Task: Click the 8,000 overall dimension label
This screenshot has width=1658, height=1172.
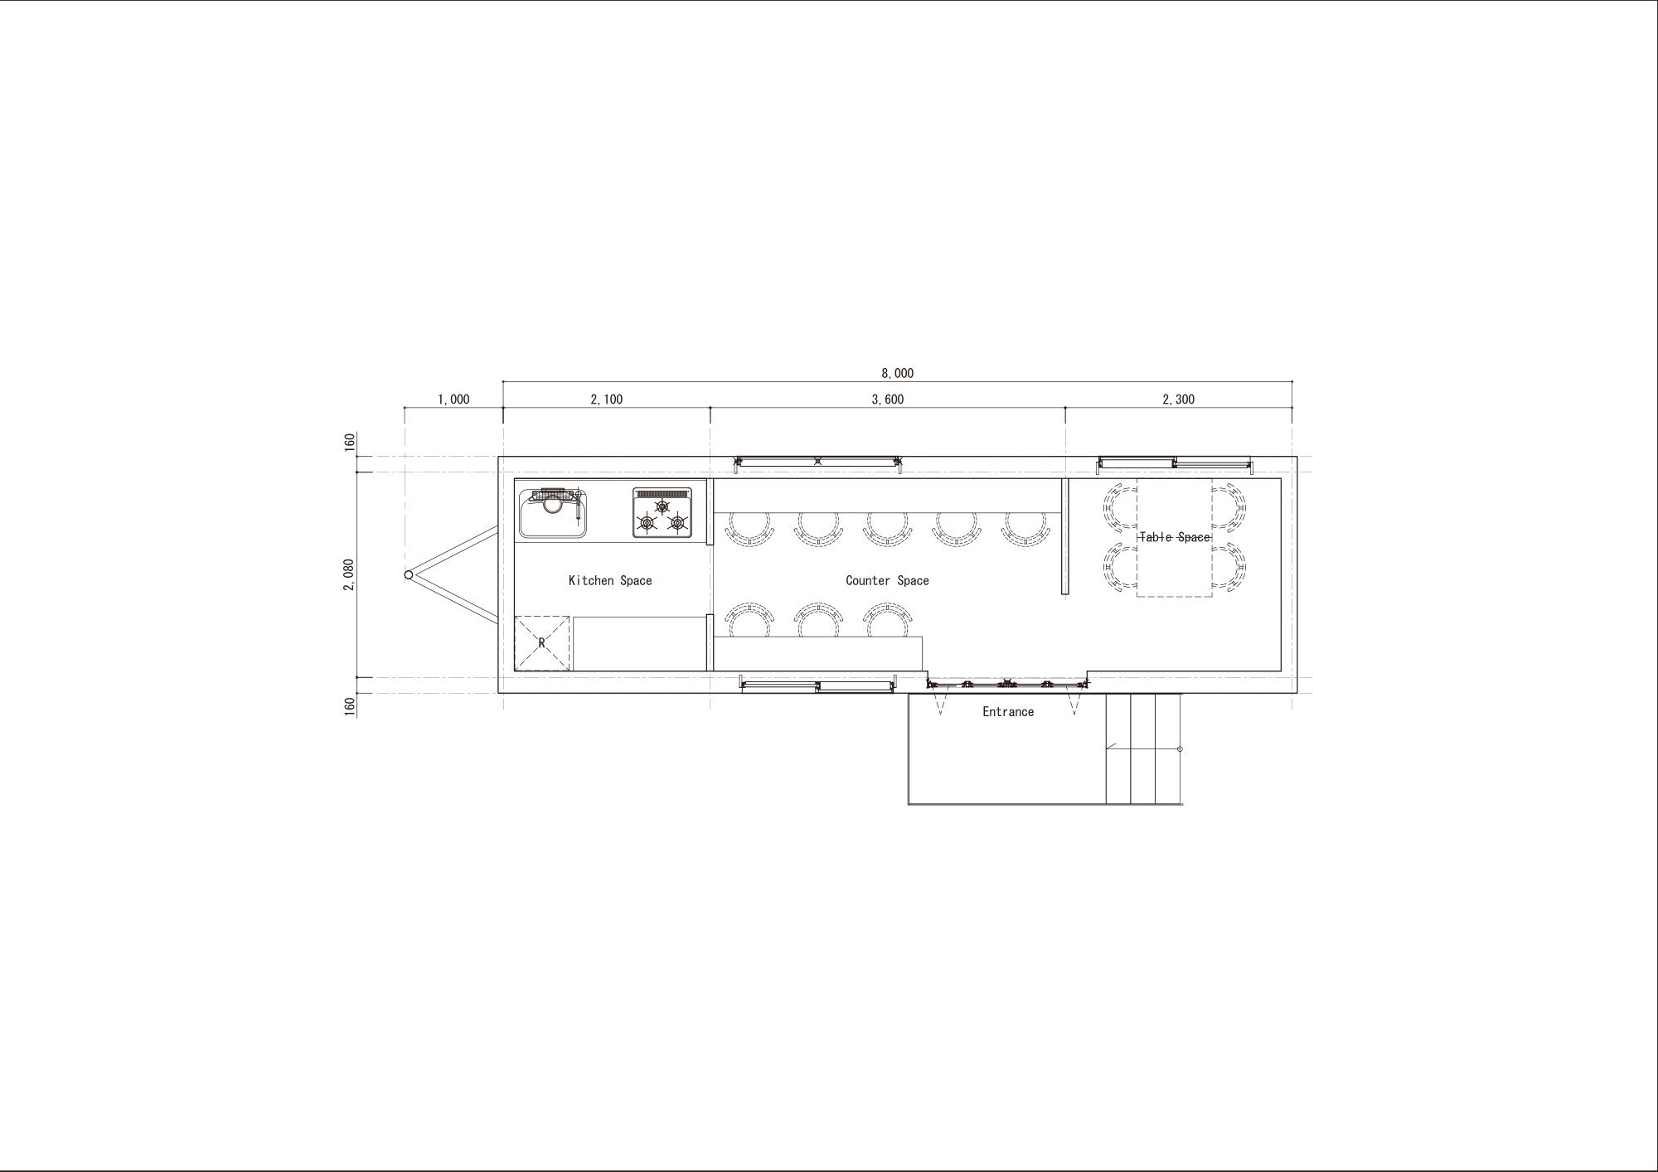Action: [x=897, y=374]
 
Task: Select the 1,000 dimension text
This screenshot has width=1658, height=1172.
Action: [x=453, y=400]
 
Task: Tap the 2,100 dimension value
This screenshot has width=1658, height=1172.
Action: [x=606, y=400]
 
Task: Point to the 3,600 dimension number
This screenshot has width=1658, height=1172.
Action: [x=887, y=400]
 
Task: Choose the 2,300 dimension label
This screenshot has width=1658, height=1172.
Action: [x=1178, y=400]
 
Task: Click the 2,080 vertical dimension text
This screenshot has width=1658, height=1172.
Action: [x=349, y=574]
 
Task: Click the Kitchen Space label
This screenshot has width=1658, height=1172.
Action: [x=610, y=580]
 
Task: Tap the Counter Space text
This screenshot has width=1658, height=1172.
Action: [x=887, y=580]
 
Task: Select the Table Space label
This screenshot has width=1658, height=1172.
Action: [x=1175, y=537]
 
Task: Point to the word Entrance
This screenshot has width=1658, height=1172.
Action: [x=1008, y=712]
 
